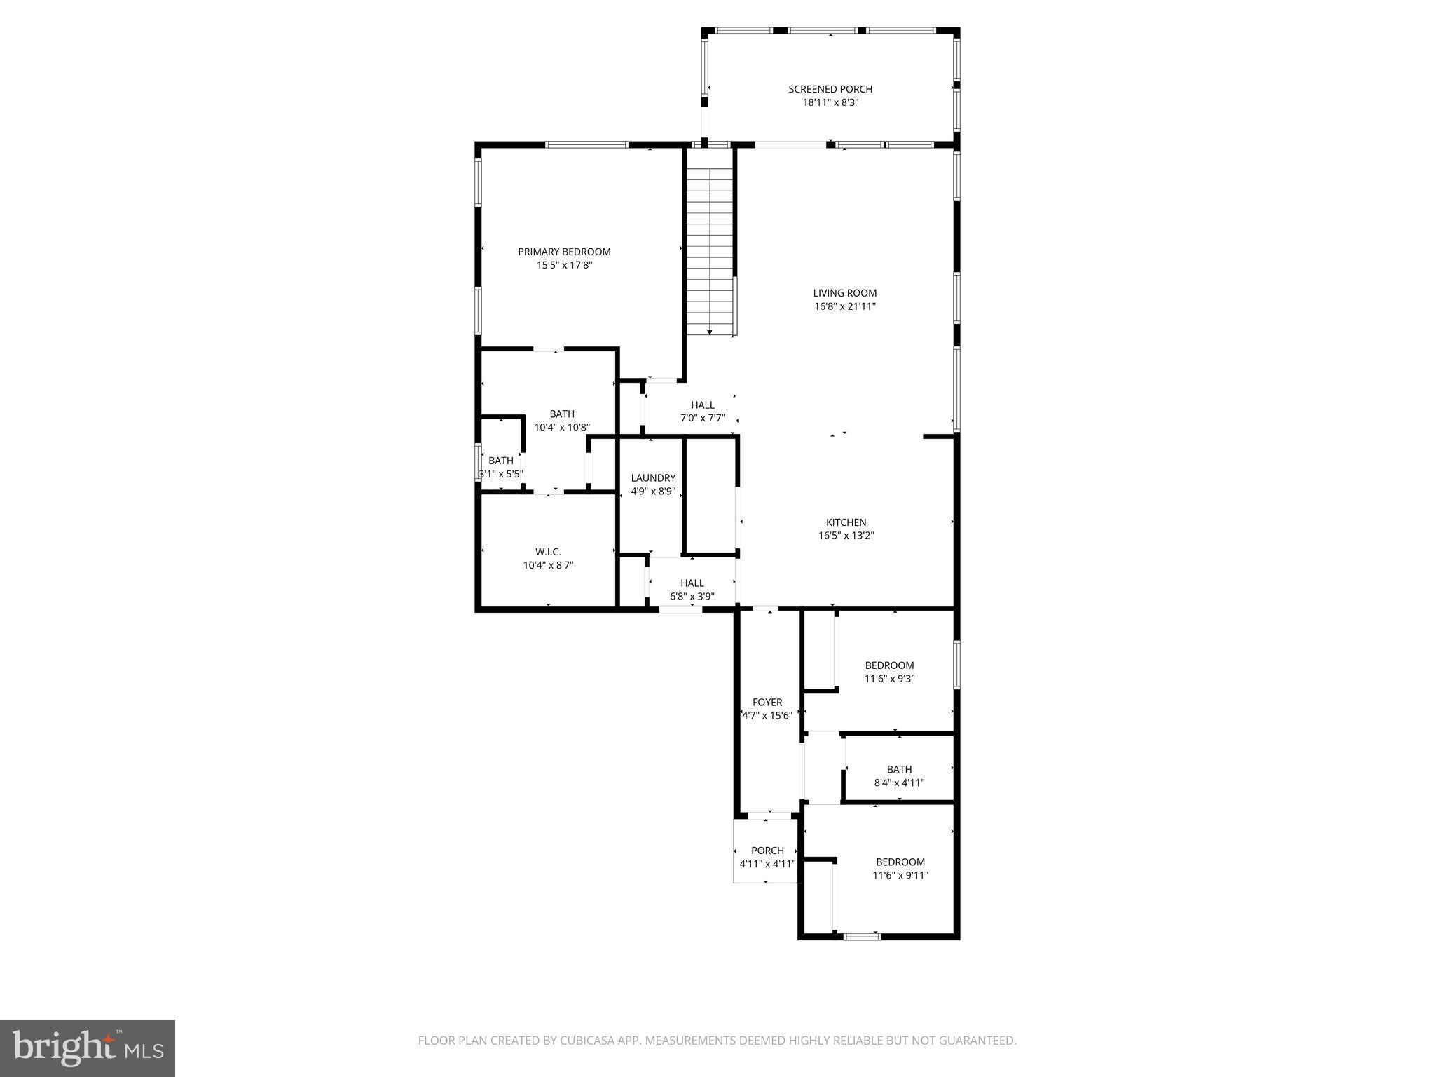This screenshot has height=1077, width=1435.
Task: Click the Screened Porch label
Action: click(x=830, y=89)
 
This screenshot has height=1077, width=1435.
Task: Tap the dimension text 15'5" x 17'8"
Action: click(x=564, y=265)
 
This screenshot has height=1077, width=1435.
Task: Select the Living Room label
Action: click(x=844, y=293)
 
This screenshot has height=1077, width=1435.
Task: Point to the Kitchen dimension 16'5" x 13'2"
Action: click(x=846, y=536)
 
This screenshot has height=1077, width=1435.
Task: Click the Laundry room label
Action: click(x=653, y=478)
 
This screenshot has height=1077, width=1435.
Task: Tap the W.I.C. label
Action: click(x=548, y=552)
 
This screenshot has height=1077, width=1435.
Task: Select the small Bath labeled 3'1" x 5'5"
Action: click(x=500, y=461)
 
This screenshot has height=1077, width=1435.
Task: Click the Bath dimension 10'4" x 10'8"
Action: click(x=562, y=427)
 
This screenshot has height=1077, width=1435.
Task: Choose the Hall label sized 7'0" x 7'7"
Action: click(x=702, y=405)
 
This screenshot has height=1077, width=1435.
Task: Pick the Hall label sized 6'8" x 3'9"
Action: click(x=692, y=583)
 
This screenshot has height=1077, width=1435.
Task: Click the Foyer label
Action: click(x=767, y=703)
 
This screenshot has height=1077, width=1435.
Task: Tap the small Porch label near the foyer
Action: click(x=767, y=851)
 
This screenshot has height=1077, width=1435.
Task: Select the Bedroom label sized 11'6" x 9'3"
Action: click(x=889, y=665)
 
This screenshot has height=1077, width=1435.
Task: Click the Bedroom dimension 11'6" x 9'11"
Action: click(x=900, y=875)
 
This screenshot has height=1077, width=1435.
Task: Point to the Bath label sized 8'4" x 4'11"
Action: click(x=899, y=769)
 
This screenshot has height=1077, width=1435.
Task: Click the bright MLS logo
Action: click(x=87, y=1048)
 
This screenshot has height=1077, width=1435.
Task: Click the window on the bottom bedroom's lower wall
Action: click(x=862, y=935)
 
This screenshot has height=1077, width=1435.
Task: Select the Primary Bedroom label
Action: click(x=564, y=252)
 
